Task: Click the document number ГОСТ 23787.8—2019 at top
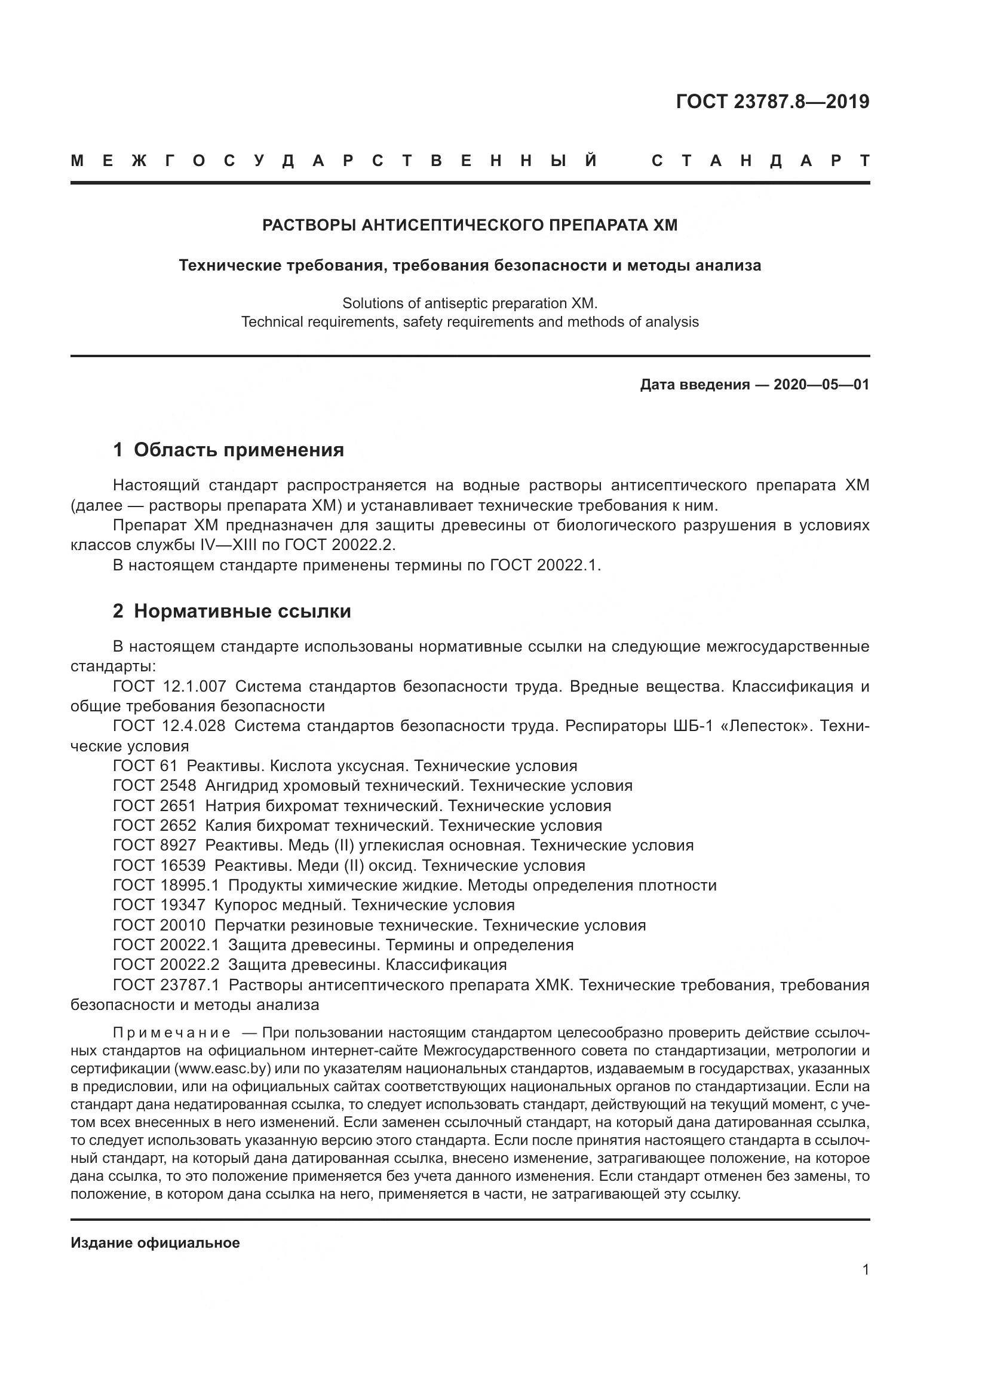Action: coord(772,102)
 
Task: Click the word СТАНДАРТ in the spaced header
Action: coord(760,161)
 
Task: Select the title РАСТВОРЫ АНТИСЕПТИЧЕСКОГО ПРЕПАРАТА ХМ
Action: coord(470,225)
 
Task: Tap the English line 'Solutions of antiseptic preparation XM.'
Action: coord(470,303)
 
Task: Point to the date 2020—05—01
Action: coord(821,385)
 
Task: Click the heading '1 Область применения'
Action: coord(228,450)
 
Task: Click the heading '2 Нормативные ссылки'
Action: coord(232,612)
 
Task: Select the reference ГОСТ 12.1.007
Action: coord(169,686)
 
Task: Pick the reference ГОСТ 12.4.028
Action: coord(169,726)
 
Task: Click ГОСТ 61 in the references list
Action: coord(145,766)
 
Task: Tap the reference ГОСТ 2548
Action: coord(155,785)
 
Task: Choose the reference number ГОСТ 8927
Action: coord(155,845)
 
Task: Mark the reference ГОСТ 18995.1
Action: coord(165,885)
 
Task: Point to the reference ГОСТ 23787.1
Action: coord(165,985)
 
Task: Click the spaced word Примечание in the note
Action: coord(171,1033)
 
